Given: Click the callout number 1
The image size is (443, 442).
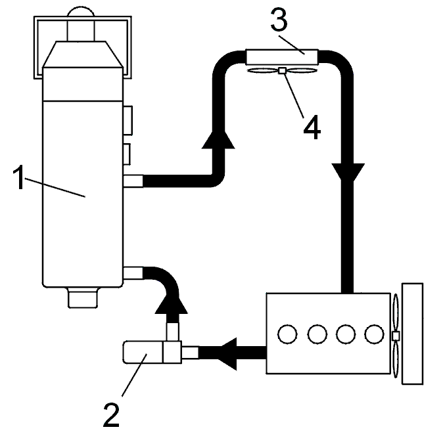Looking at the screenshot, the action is pyautogui.click(x=19, y=177).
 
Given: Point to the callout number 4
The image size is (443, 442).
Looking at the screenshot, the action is pyautogui.click(x=312, y=127).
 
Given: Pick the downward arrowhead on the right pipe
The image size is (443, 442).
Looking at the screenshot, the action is pyautogui.click(x=348, y=172).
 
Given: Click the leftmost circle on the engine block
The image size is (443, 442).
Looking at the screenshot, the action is pyautogui.click(x=287, y=334).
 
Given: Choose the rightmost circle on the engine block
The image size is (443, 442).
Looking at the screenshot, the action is pyautogui.click(x=374, y=334).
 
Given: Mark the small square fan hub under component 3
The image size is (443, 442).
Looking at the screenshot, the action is pyautogui.click(x=282, y=70).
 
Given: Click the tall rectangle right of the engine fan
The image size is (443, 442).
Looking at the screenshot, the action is pyautogui.click(x=412, y=334).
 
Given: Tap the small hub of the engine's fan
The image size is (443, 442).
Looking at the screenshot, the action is pyautogui.click(x=396, y=336).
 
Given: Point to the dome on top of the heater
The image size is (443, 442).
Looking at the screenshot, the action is pyautogui.click(x=81, y=11).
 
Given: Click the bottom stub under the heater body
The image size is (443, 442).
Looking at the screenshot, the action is pyautogui.click(x=83, y=298).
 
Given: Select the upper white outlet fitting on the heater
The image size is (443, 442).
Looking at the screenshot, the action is pyautogui.click(x=133, y=181).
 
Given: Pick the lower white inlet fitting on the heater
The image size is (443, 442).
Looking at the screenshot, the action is pyautogui.click(x=133, y=273).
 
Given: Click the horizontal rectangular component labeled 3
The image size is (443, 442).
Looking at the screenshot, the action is pyautogui.click(x=282, y=57).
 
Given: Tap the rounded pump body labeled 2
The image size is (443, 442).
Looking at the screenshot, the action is pyautogui.click(x=143, y=352).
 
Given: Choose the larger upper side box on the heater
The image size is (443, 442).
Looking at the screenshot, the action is pyautogui.click(x=128, y=121).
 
